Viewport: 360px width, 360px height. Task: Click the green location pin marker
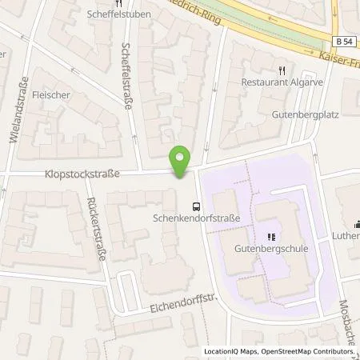[x=182, y=163]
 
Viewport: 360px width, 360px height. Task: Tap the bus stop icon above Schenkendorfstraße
[x=197, y=204]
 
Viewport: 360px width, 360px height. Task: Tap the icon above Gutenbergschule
[x=271, y=237]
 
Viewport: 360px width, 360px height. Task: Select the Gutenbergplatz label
[x=322, y=116]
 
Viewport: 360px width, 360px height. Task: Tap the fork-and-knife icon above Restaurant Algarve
[x=281, y=70]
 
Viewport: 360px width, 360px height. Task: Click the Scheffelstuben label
[x=110, y=14]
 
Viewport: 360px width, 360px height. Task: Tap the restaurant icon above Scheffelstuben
[x=110, y=2]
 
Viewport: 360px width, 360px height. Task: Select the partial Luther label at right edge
[x=346, y=236]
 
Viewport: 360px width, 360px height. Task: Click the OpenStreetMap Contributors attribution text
[x=310, y=352]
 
